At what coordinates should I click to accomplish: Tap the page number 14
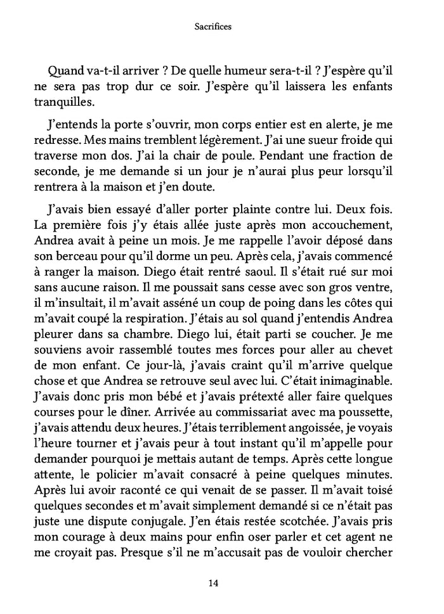point(222,585)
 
